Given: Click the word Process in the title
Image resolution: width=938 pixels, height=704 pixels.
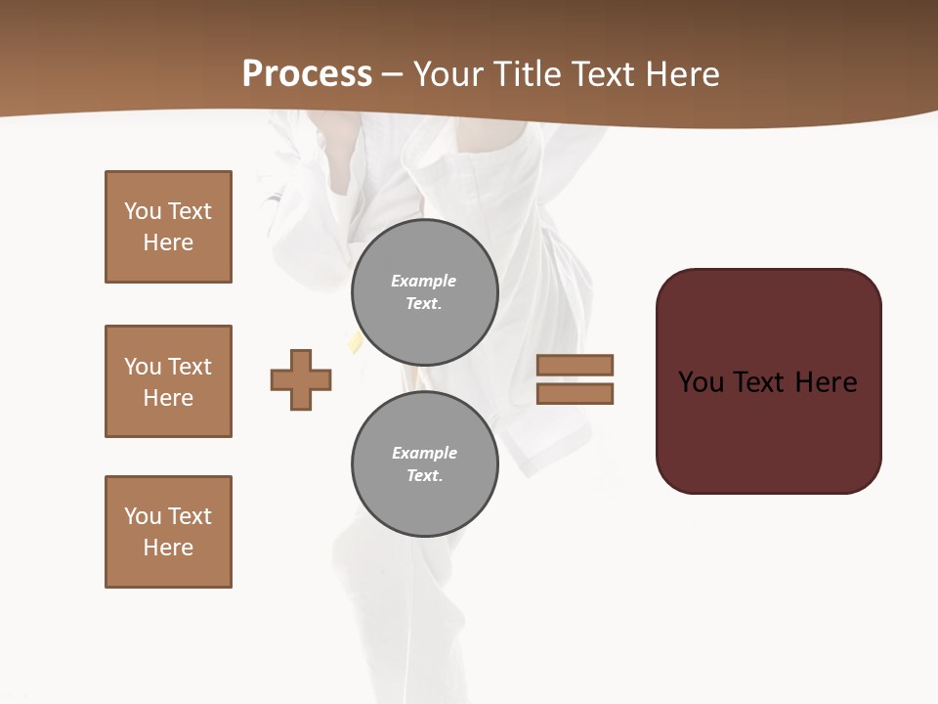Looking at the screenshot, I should pos(307,74).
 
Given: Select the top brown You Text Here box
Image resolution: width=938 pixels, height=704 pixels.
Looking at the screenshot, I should pos(168,227).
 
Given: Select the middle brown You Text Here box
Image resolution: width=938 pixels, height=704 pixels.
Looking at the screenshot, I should pos(168,381).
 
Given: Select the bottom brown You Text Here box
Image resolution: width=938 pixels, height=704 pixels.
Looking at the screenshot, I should pos(168,532).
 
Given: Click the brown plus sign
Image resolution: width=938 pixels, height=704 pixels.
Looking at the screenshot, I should pos(301,379).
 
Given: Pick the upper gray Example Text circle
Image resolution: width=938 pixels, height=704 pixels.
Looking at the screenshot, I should pos(425,292).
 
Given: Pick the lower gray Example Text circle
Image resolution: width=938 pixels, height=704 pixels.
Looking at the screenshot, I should pos(425,463).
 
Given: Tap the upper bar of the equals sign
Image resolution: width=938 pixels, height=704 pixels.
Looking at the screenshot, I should pos(576,366).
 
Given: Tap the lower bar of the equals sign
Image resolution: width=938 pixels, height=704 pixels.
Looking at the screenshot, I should pos(576,393).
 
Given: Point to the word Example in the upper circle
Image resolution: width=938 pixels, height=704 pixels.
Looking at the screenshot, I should pos(424,281).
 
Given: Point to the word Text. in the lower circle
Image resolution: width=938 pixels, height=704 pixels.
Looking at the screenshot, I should pos(424,476).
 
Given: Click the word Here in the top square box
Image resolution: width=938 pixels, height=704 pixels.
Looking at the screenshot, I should pos(168,242).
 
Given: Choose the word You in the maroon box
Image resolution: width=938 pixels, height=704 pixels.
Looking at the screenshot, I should pos(702,382).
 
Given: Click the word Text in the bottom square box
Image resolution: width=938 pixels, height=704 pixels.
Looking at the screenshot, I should pos(190,516).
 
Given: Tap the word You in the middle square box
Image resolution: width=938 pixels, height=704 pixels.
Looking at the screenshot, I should pos(143,367).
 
